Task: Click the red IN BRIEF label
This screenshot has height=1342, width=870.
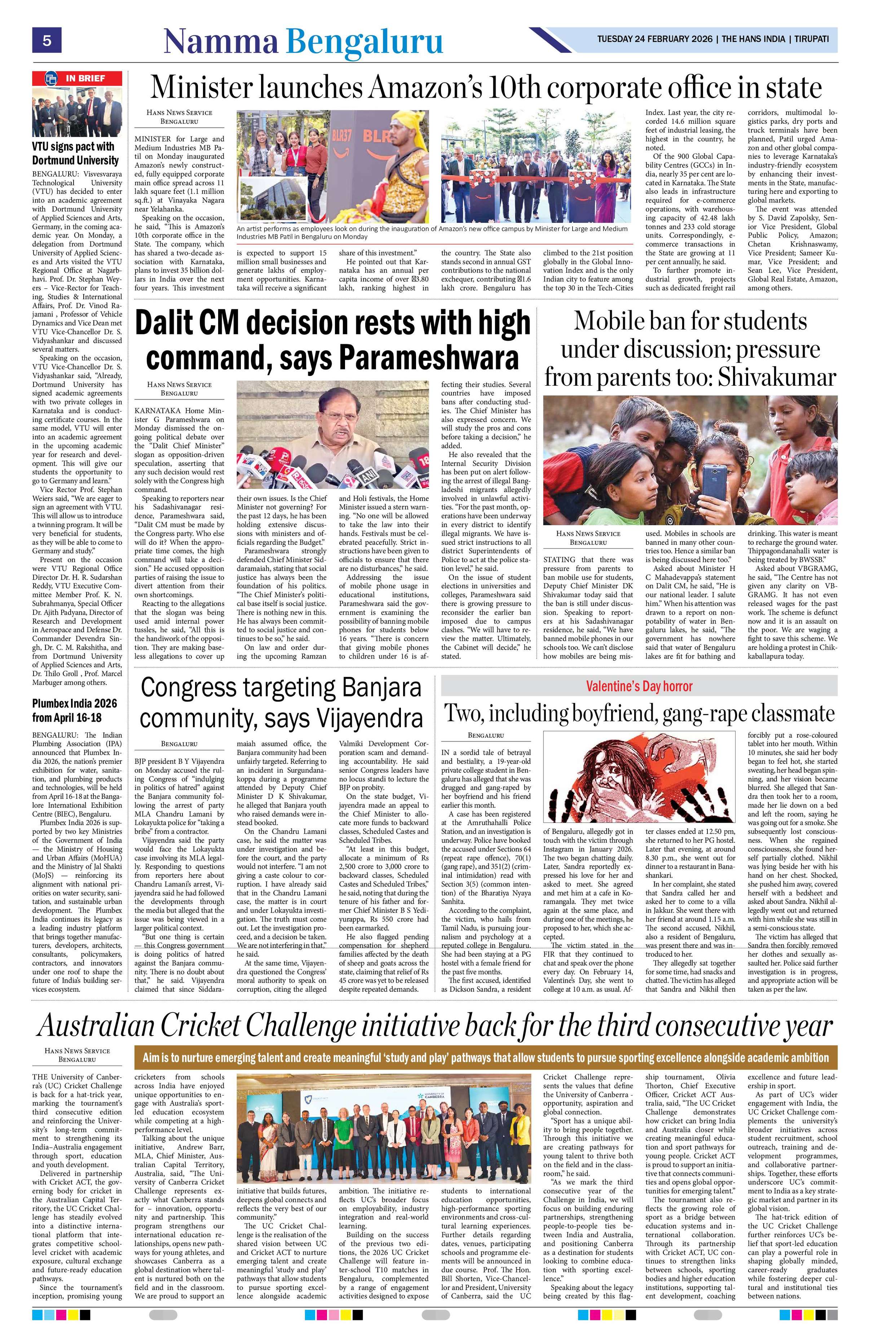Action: click(77, 78)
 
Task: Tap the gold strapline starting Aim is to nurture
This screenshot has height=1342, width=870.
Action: click(485, 1057)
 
